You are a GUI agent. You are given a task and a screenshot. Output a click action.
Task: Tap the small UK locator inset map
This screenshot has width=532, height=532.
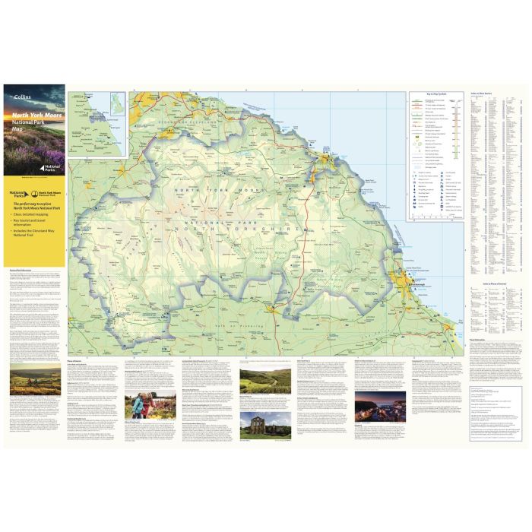(117, 104)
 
